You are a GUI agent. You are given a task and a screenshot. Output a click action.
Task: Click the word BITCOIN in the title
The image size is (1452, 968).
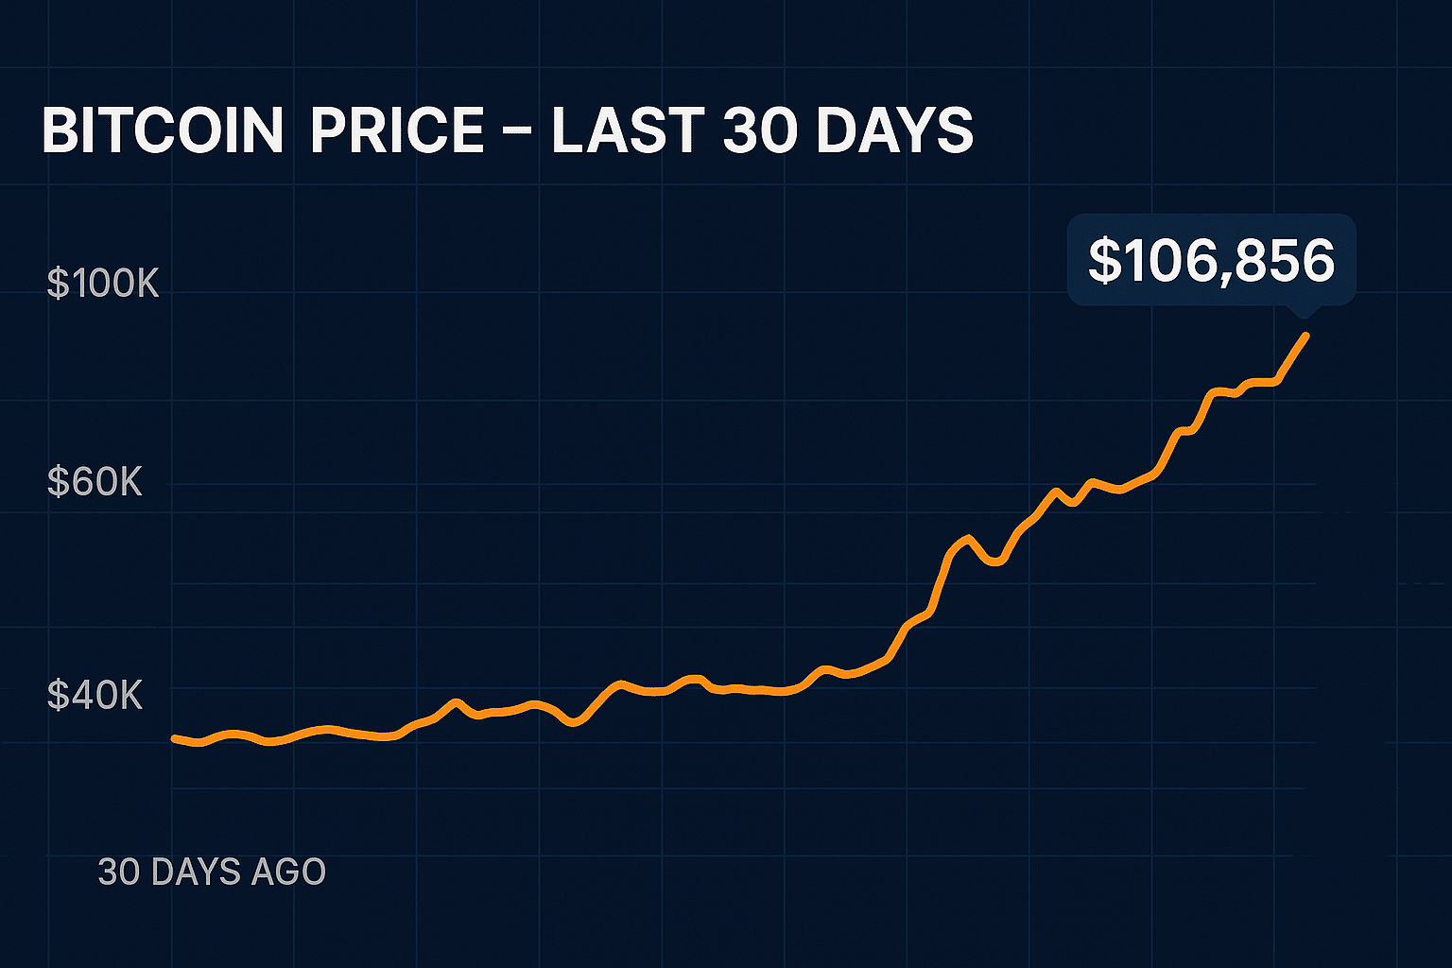tap(162, 130)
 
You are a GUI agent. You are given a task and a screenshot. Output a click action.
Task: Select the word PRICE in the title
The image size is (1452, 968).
tap(397, 130)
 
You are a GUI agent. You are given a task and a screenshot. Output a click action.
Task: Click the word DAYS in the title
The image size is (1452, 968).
tap(893, 130)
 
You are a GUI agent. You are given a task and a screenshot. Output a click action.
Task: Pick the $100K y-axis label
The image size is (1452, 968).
tap(103, 284)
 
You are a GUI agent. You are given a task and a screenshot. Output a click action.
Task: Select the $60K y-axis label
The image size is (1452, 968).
tap(95, 482)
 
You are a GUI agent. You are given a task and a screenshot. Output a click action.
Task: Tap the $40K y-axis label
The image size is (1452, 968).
tap(95, 696)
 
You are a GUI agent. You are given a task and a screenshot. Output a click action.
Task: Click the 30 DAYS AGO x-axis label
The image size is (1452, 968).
tap(212, 872)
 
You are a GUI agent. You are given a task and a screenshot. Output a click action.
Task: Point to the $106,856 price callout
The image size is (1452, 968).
tap(1211, 260)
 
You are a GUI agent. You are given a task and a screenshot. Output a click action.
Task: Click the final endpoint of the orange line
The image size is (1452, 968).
tap(1306, 335)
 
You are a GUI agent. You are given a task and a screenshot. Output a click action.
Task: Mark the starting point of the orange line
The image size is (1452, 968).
tap(174, 737)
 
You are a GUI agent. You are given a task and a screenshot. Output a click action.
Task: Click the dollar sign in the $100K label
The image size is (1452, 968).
tap(57, 284)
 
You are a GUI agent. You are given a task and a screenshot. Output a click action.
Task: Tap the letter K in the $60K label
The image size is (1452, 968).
tap(129, 482)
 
